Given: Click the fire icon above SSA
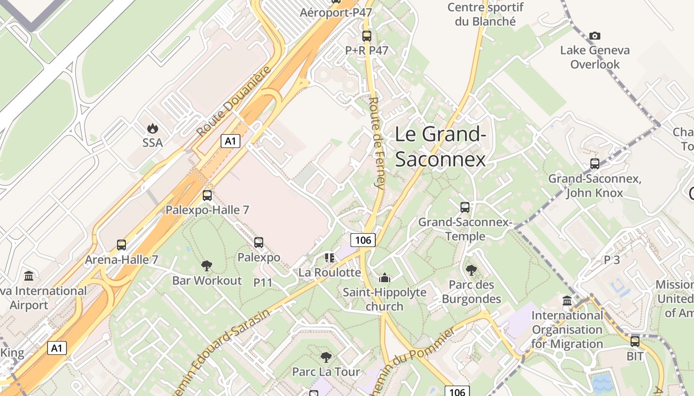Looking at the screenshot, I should [152, 128].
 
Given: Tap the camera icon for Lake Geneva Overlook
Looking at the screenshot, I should [595, 36].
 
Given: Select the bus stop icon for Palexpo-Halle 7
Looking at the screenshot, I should [207, 196].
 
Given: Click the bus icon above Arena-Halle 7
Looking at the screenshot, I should [121, 245].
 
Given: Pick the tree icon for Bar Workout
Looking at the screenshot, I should [207, 266].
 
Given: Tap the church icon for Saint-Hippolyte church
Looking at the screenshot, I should [385, 278].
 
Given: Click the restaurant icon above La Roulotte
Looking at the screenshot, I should [330, 257].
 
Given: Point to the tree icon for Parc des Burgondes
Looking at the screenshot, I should [471, 270].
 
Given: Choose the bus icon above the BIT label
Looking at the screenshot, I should [635, 341].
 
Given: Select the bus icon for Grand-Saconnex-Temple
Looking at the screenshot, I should [465, 207].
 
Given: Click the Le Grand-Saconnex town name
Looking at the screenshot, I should [440, 147].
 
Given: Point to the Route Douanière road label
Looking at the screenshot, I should [234, 101].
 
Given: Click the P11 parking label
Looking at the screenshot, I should [263, 283].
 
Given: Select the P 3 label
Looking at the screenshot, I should [612, 260].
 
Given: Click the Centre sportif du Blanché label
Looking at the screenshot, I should [485, 14].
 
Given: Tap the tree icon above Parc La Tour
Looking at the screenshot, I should [326, 357].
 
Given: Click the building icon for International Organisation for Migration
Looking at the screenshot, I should [567, 300].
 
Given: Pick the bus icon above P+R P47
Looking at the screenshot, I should [367, 36].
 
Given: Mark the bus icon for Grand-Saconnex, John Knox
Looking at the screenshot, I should [595, 164].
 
